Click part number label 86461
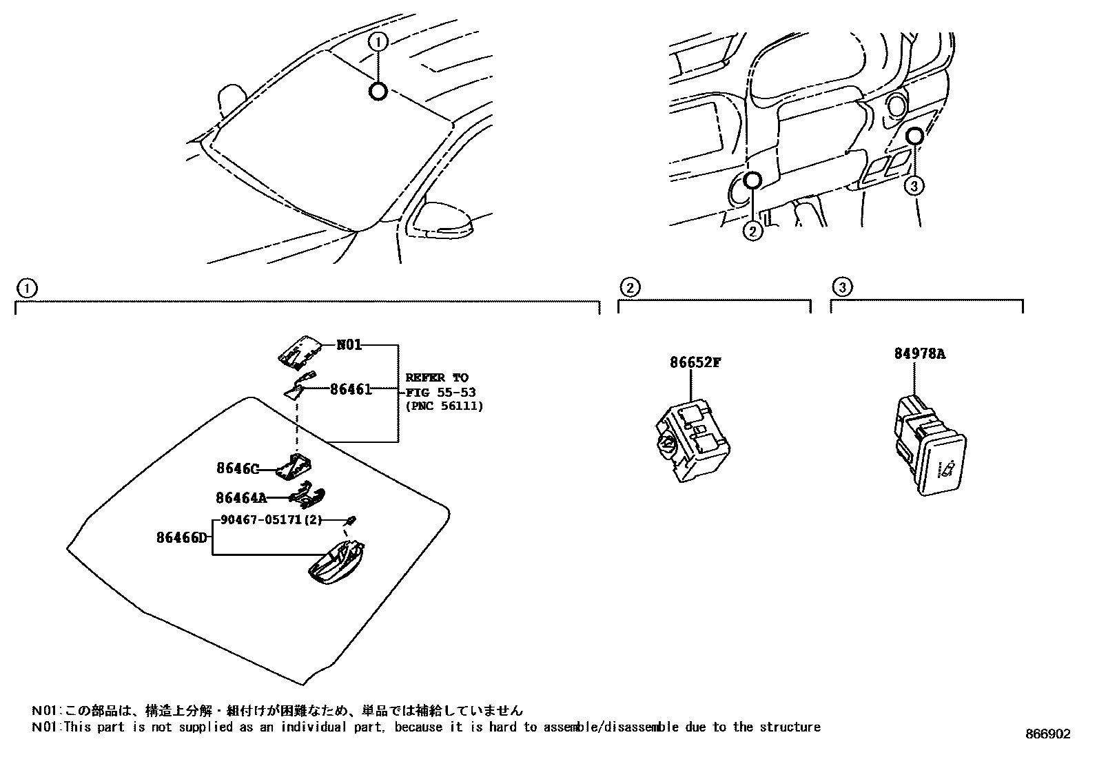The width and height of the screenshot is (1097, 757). point(351,389)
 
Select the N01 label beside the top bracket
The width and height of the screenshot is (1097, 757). point(349,345)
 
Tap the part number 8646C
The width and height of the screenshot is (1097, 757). point(237,469)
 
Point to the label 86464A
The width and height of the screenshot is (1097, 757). point(240,497)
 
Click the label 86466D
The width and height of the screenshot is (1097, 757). point(181,537)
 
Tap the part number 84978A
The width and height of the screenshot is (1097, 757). point(919,354)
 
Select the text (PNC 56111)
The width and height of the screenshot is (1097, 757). point(444,406)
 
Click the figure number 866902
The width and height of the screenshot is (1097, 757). point(1047,734)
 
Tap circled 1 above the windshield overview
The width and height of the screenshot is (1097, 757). point(378,41)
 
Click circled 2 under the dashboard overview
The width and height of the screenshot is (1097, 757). point(752,231)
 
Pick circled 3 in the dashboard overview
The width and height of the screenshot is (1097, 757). point(914,185)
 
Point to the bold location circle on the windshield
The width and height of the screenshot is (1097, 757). point(378,91)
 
